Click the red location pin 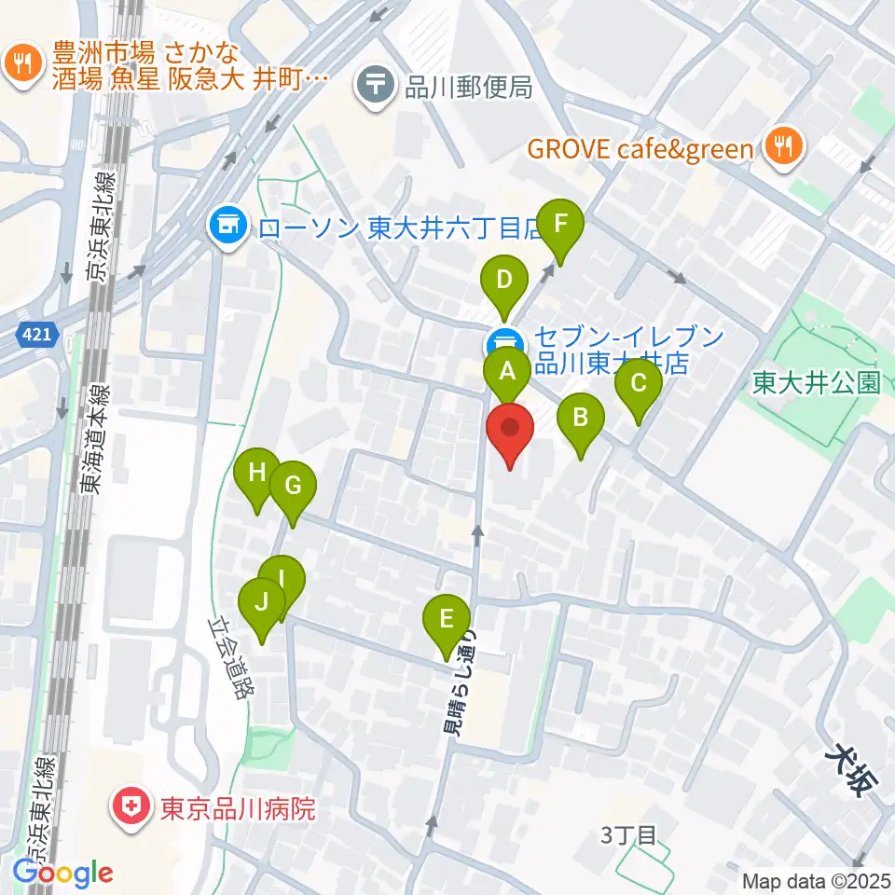(510, 430)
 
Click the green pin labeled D (504, 281)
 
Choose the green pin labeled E (447, 620)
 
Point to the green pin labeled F (560, 225)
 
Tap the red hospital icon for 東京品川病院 (131, 806)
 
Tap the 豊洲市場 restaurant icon (21, 63)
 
